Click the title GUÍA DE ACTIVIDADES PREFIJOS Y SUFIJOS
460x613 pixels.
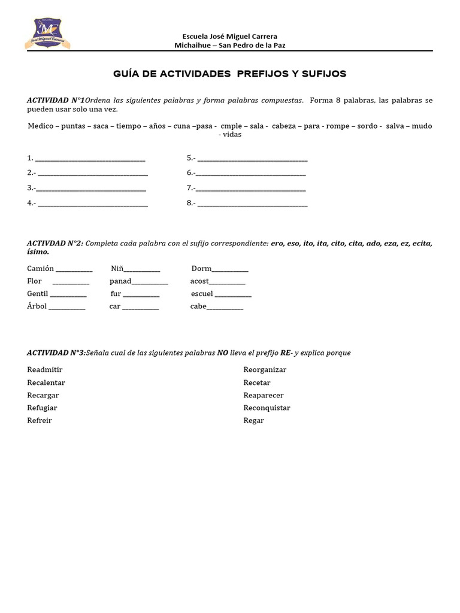pos(230,74)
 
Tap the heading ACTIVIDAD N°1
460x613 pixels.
pos(56,100)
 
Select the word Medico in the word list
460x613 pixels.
pos(40,126)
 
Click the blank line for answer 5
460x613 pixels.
pos(252,158)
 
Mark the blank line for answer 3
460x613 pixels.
pos(92,188)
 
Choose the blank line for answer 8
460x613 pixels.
pos(252,203)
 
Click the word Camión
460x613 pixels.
pos(41,269)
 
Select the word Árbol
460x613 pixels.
pos(37,306)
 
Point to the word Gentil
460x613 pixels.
pos(37,294)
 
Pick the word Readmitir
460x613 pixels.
pos(45,370)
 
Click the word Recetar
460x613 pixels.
pos(257,383)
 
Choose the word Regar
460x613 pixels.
pos(254,420)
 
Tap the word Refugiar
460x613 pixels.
pos(43,408)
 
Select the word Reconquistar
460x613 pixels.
pos(267,408)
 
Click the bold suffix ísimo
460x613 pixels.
pos(38,252)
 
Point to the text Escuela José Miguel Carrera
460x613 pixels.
pos(230,37)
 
